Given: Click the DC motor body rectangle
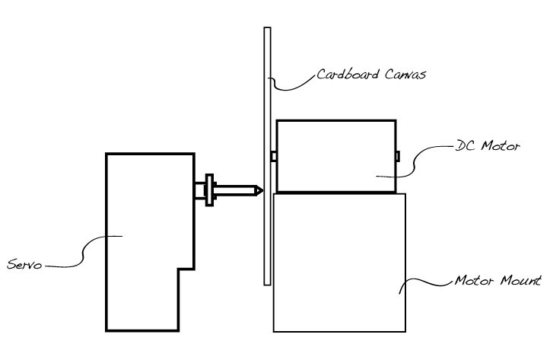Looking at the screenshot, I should click(x=335, y=156).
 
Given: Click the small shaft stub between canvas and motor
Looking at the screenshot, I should click(x=273, y=156).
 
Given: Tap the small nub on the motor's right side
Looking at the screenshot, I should click(x=398, y=156).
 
